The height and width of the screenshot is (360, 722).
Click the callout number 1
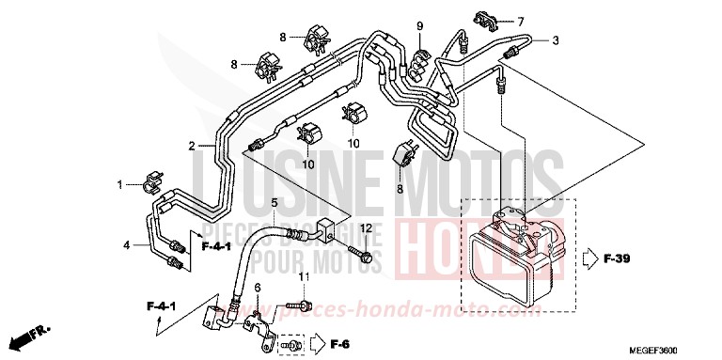point(119,184)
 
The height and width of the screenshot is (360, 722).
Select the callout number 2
point(192,146)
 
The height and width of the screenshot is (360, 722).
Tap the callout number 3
point(556,40)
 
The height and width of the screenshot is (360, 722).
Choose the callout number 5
point(275,202)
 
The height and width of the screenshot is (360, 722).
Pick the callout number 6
point(257,287)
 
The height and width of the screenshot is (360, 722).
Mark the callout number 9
point(420,24)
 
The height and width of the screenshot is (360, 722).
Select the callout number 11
point(304,275)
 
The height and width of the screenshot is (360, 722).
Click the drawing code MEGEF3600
point(667,348)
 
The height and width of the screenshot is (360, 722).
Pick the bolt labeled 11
point(297,306)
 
